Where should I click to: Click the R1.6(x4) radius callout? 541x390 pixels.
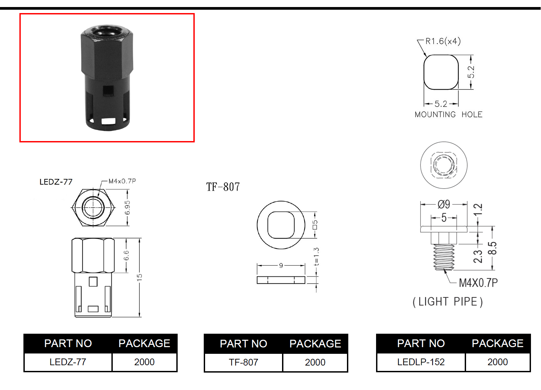coord(443,41)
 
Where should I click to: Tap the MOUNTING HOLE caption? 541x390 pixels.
coord(449,115)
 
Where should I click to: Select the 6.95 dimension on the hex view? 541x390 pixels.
coord(127,208)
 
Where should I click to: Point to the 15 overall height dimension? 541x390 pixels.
coord(140,277)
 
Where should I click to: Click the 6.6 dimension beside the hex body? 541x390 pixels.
coord(126,256)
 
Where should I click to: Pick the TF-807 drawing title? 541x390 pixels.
coord(223,187)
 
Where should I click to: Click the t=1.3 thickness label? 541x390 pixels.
coord(316,256)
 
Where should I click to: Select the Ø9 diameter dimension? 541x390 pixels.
coord(444,204)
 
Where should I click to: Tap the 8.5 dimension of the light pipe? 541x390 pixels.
coord(492,248)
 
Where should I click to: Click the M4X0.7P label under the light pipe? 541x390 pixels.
coord(478,283)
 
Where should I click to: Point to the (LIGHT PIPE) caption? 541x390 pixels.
coord(448,302)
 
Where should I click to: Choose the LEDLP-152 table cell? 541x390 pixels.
coord(421,362)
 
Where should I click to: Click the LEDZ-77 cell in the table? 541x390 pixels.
coord(68,362)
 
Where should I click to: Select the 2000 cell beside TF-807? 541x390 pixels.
coord(315,362)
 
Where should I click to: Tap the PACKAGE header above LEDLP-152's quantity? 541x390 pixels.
coord(498,343)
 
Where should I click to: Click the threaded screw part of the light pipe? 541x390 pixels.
coord(444,257)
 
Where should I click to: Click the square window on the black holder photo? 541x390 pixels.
coord(108,90)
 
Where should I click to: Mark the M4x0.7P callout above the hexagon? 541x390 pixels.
coord(122,181)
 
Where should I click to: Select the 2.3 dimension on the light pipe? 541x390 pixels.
coord(478,256)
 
